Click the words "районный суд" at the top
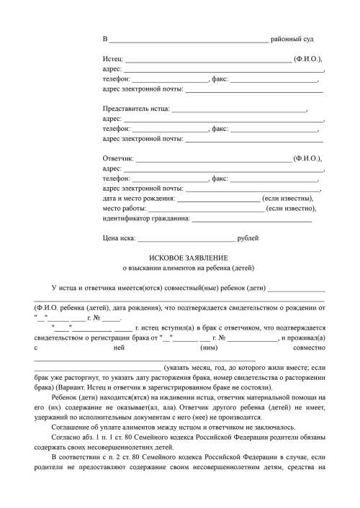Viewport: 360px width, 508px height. (x=292, y=37)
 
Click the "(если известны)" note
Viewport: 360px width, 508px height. (x=288, y=198)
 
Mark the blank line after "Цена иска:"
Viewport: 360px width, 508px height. (x=186, y=238)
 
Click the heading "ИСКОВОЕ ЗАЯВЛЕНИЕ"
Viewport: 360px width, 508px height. (x=188, y=258)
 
